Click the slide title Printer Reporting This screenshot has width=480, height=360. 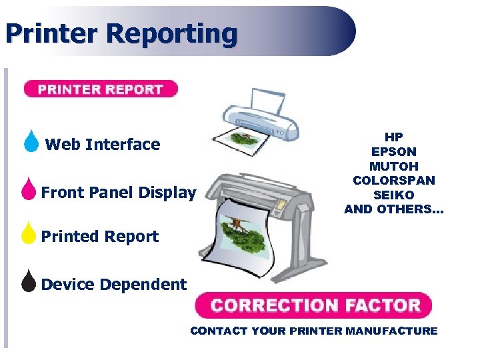pyautogui.click(x=121, y=33)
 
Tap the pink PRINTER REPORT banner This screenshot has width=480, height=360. pyautogui.click(x=101, y=89)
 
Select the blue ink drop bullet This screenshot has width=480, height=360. pyautogui.click(x=31, y=143)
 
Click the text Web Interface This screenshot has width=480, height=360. pyautogui.click(x=103, y=145)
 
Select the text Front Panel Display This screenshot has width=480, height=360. pyautogui.click(x=119, y=193)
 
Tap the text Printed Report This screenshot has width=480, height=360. pyautogui.click(x=100, y=237)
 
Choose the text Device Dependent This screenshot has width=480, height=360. pyautogui.click(x=114, y=285)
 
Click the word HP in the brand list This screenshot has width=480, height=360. pyautogui.click(x=393, y=137)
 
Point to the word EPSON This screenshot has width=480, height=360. pyautogui.click(x=393, y=152)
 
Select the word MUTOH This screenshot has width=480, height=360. pyautogui.click(x=393, y=166)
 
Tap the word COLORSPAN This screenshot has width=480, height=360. pyautogui.click(x=393, y=181)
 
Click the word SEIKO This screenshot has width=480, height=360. pyautogui.click(x=393, y=195)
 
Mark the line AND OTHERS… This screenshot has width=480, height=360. pyautogui.click(x=393, y=209)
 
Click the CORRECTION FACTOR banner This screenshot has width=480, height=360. pyautogui.click(x=313, y=306)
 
